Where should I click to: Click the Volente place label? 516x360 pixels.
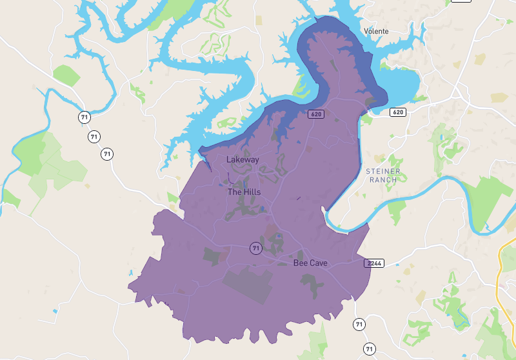pos(377,31)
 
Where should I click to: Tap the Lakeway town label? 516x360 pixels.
pos(243,159)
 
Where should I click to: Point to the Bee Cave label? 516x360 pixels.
pos(310,263)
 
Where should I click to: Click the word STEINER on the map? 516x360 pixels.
pos(383,171)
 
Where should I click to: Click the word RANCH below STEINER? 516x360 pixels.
pos(383,180)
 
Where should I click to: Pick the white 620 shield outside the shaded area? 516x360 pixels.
pos(398,112)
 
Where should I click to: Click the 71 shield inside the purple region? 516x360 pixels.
pos(256,248)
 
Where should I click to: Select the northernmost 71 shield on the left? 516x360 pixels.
pos(84,117)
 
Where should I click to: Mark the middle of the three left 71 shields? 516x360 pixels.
pos(95,137)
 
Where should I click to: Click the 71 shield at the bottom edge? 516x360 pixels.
pos(369,348)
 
